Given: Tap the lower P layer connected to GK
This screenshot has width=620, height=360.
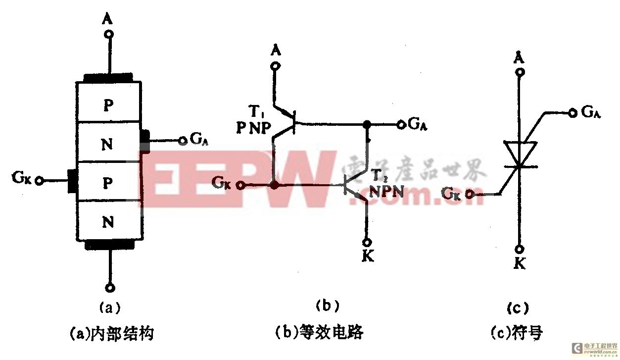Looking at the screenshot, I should (108, 182).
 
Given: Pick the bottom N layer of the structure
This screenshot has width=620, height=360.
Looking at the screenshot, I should (108, 222).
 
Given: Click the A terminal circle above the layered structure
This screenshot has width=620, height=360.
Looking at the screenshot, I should (109, 34).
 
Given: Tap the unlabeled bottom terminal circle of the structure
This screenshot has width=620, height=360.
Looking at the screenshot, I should (110, 287).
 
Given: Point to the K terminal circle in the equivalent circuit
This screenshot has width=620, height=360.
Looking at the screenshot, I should (367, 243).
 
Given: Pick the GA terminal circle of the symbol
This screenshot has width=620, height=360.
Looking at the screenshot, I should (572, 113).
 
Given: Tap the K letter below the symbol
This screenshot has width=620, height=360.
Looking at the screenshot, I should (520, 263).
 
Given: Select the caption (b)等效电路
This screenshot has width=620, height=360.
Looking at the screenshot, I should (318, 332).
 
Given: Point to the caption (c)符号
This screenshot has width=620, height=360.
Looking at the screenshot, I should (517, 332).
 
